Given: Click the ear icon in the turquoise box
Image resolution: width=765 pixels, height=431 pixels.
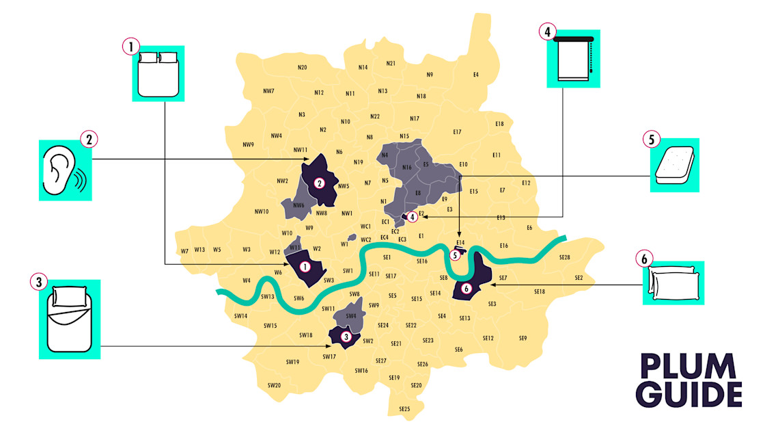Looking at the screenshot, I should (64, 171).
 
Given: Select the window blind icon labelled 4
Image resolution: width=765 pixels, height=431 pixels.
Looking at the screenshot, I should (574, 60).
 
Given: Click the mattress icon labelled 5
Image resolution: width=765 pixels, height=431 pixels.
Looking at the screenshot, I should (674, 166).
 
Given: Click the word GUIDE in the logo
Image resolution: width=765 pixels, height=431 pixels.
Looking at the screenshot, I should (688, 395).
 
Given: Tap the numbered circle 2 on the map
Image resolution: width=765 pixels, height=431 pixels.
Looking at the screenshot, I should (319, 183).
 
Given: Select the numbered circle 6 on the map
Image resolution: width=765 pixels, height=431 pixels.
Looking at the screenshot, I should (467, 289).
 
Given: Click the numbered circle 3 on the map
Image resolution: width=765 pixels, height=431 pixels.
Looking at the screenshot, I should (346, 336).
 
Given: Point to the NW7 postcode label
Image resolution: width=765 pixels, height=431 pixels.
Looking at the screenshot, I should (268, 91).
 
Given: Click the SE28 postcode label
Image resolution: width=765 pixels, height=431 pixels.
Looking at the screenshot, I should (564, 258).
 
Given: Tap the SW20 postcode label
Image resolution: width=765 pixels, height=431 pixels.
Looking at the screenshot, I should (274, 385).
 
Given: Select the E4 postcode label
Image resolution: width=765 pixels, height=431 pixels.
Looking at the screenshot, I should (476, 74).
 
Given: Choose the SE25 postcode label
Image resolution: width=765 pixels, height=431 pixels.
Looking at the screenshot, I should (404, 409).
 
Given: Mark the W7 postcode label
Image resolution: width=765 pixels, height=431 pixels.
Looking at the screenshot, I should (184, 251).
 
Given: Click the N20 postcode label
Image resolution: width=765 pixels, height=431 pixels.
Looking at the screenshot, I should (302, 67).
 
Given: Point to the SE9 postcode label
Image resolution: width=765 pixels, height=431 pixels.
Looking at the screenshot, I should (523, 338).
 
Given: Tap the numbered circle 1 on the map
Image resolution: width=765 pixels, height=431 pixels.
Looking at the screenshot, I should (305, 266).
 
